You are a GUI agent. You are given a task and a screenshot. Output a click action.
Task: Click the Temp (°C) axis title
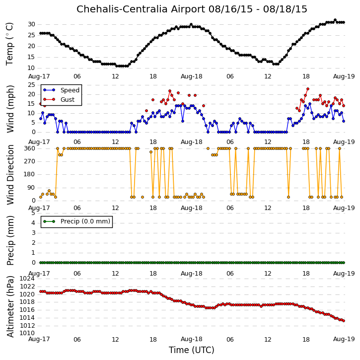9,44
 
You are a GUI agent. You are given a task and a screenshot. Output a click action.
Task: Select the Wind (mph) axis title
10,109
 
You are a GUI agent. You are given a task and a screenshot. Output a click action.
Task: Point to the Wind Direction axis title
10,175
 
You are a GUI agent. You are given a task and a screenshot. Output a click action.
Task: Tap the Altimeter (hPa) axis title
10,306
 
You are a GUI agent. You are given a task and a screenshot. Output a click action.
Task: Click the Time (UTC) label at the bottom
192,350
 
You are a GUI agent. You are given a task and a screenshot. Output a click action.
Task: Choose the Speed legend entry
61,90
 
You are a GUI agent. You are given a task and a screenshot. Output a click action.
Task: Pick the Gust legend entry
59,100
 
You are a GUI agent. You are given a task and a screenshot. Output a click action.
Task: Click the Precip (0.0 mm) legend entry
76,221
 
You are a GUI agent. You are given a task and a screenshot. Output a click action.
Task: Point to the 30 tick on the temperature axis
31,24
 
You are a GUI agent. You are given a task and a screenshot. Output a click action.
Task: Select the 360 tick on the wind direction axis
30,148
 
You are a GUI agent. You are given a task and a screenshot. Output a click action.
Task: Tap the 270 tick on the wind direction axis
30,161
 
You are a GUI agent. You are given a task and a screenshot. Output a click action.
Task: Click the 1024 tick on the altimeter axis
27,279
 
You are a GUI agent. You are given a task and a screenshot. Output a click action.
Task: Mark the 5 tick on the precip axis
33,213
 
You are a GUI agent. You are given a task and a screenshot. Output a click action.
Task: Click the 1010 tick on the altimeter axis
27,333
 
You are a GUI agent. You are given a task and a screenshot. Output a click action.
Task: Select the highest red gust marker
308,89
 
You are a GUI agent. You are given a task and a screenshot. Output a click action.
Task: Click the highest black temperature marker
335,20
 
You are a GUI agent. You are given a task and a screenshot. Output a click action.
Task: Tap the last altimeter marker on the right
344,321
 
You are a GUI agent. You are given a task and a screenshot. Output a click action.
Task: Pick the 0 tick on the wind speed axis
34,132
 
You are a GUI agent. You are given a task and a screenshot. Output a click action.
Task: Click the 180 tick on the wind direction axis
30,174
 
